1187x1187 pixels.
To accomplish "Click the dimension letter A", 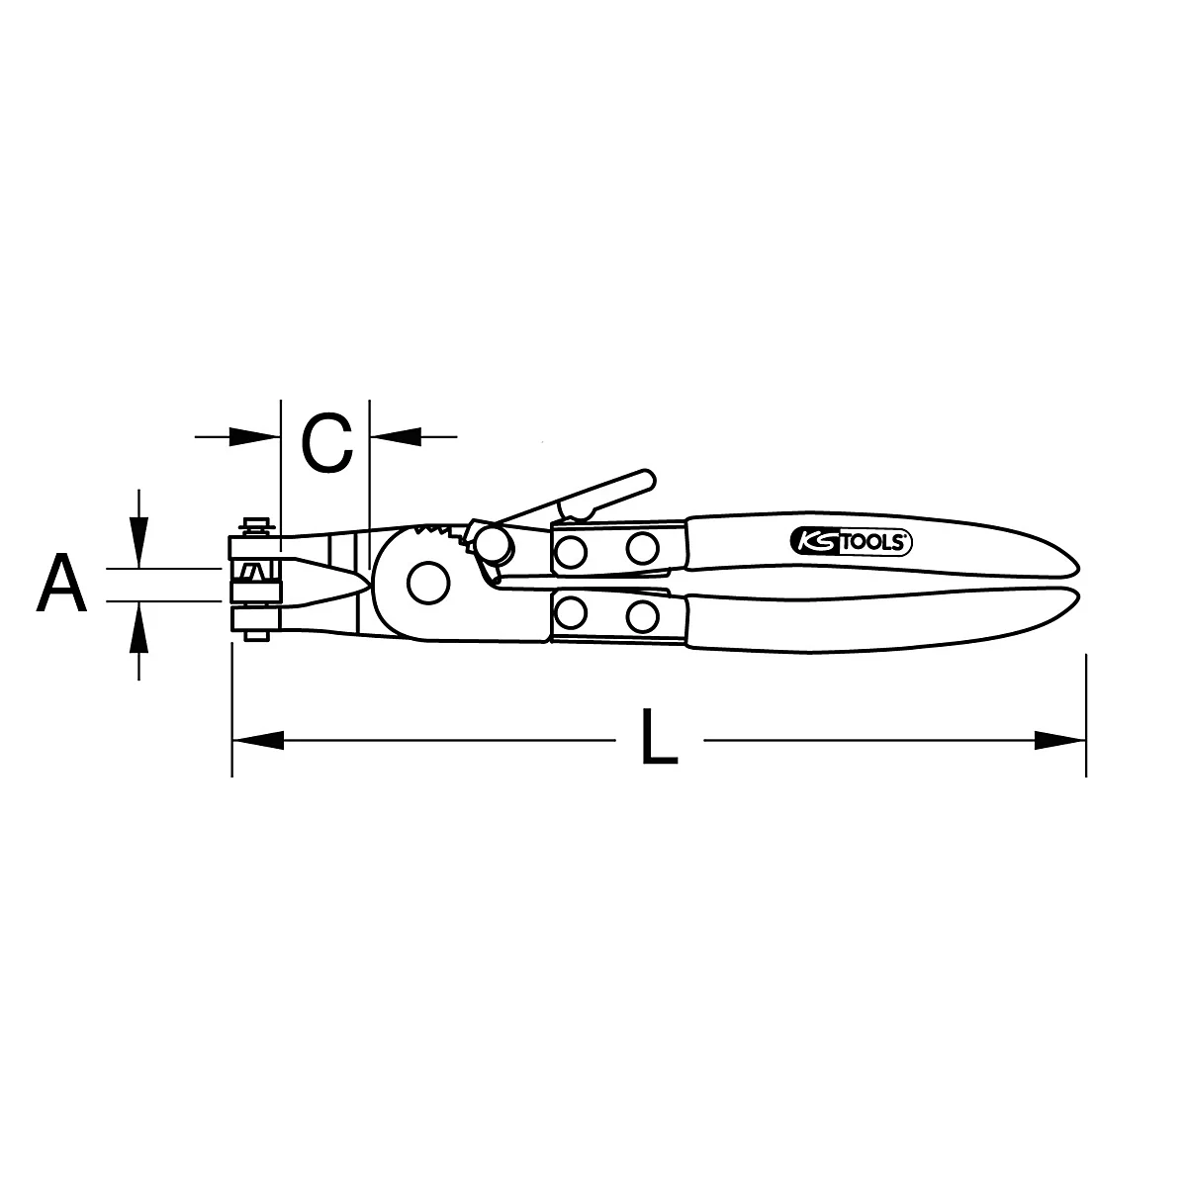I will [x=62, y=584].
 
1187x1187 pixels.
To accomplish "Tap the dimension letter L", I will [x=659, y=737].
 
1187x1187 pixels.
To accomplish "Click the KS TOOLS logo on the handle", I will [x=851, y=541].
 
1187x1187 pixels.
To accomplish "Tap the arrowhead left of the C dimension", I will [x=255, y=434].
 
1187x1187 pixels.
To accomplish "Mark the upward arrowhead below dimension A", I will [x=139, y=624].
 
